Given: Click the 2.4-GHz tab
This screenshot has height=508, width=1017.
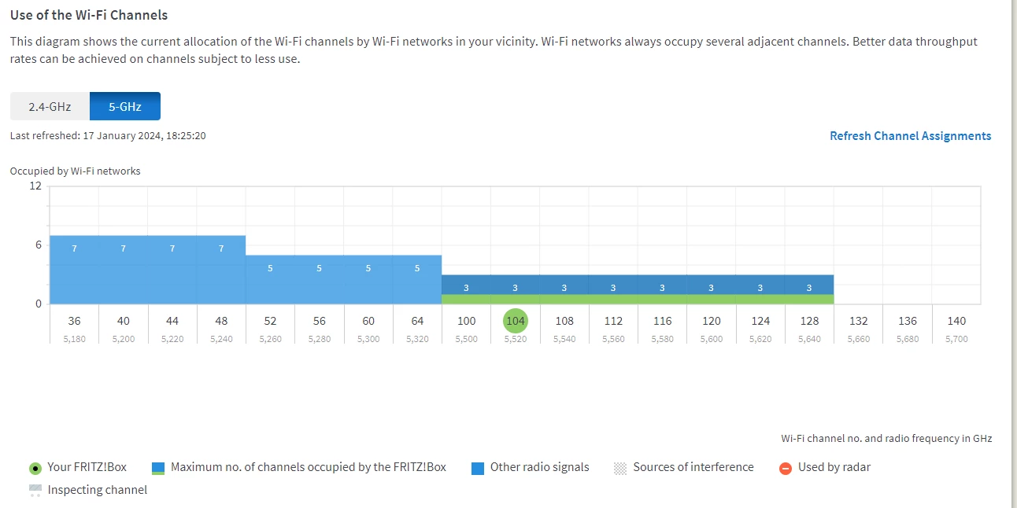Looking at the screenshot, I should tap(50, 106).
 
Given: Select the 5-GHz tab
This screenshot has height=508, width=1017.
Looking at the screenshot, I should tap(125, 106).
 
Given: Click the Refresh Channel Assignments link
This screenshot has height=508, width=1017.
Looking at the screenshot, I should tap(910, 136).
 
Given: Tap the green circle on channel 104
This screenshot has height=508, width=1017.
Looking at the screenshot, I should tap(516, 321).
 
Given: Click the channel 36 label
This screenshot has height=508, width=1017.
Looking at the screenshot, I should tap(74, 321).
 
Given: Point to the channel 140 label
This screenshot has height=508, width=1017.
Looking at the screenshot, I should tap(956, 321).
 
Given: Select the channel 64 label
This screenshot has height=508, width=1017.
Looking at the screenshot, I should tap(417, 321).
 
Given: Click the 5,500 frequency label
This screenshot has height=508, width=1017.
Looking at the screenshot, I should tap(466, 340).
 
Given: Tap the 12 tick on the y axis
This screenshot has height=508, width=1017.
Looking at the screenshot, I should tap(35, 186).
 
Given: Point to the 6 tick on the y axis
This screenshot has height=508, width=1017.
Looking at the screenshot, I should tap(37, 245).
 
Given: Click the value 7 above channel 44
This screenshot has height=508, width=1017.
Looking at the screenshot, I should tap(172, 248).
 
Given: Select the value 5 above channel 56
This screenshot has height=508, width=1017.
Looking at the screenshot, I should tap(319, 268).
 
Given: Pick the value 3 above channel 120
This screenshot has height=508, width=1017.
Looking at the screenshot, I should tap(711, 288).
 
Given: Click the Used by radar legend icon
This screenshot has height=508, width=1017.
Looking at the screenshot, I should tap(785, 468).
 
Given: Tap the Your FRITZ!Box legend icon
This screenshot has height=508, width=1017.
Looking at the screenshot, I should tap(35, 468).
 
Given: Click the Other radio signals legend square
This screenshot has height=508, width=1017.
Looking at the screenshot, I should tap(478, 468).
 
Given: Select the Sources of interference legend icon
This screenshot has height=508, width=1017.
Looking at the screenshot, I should tap(620, 468).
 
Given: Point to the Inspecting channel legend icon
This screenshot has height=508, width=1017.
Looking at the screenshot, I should tap(35, 491).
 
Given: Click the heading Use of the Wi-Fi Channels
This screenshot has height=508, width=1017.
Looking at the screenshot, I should tap(89, 15).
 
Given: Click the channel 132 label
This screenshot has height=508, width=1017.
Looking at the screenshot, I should tap(858, 321).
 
